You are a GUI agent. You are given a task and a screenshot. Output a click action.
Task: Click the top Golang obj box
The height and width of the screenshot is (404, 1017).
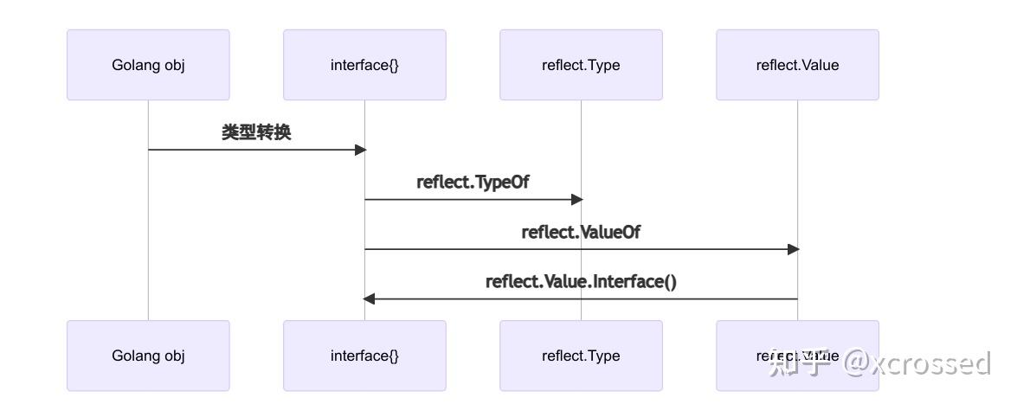coord(148,65)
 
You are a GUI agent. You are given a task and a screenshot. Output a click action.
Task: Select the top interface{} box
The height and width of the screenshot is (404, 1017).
coord(364,65)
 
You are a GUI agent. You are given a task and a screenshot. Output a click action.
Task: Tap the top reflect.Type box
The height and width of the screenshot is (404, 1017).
coord(581,65)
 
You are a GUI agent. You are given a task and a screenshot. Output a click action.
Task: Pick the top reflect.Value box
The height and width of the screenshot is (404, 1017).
coord(797,65)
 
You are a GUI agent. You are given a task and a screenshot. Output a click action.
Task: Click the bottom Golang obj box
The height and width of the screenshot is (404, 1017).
coord(148,356)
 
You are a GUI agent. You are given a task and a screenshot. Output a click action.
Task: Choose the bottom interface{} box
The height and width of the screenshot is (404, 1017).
coord(364,356)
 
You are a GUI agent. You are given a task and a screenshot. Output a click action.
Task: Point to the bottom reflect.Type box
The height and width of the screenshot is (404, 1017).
coord(581,356)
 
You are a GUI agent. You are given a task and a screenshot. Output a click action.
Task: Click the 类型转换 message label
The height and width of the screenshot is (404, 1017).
coord(256,132)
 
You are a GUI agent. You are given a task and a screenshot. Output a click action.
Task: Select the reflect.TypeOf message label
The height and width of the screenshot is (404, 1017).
coord(473,183)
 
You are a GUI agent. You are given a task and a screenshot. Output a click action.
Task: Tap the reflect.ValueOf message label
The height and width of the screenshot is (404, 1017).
coord(581,232)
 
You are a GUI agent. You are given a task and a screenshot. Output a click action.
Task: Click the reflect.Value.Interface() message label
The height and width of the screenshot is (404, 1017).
coord(581,282)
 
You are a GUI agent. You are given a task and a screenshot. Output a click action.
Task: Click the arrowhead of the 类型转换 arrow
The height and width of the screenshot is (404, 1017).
coord(361,150)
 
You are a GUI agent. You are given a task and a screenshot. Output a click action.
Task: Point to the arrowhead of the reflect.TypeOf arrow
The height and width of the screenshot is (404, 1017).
coord(577,200)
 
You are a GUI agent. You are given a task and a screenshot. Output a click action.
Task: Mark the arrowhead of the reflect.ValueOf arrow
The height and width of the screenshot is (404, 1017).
coord(793,249)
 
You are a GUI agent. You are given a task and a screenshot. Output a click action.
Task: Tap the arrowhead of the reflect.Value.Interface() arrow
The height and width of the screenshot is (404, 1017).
coord(369,299)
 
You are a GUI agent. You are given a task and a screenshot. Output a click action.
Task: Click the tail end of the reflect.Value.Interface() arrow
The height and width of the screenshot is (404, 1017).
coord(795,299)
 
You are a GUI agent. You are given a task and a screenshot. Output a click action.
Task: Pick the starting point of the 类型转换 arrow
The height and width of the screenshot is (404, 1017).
coord(150,150)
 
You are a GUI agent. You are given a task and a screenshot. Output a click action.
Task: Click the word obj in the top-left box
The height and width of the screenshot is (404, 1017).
coord(174,65)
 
